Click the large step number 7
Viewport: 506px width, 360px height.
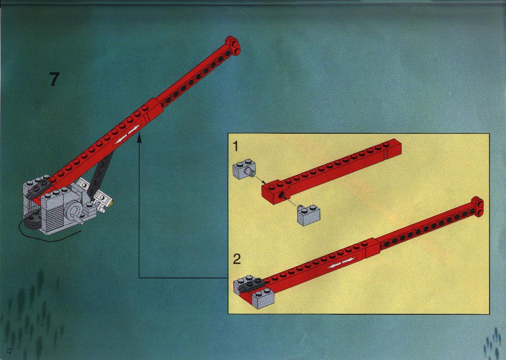tap(55, 80)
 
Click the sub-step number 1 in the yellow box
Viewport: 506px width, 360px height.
tap(236, 146)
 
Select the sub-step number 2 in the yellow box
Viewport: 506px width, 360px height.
tap(237, 259)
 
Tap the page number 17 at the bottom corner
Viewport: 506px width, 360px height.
tap(9, 351)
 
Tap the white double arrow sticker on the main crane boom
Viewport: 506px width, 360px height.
tap(127, 135)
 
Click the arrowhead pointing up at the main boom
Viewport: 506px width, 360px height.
tap(139, 139)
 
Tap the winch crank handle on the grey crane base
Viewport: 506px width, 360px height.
tap(80, 220)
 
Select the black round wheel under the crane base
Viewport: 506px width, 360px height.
tap(31, 222)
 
